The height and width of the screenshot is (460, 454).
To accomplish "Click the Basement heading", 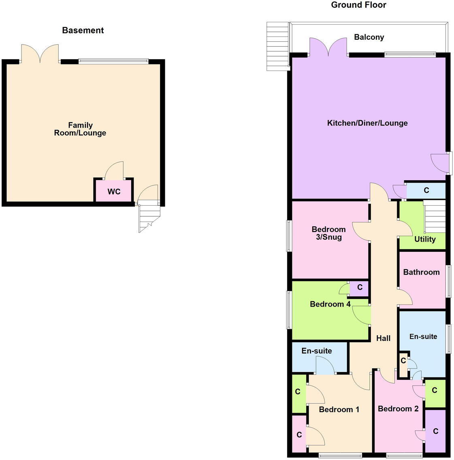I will coord(83,30).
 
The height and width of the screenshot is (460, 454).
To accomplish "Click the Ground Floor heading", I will coord(358,5).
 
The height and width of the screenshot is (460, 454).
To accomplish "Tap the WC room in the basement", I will coord(114,191).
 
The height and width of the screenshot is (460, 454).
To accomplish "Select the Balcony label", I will coord(369,37).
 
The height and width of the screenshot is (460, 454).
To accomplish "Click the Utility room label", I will coord(425,239).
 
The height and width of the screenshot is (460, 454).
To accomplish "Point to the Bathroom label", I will coord(421,272).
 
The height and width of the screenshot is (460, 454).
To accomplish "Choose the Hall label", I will coord(383,338).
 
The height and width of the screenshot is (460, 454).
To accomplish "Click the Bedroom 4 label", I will coord(330,304).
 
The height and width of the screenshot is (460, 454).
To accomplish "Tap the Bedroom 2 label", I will coord(398,409).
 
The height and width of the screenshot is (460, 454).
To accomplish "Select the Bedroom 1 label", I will coord(339,409).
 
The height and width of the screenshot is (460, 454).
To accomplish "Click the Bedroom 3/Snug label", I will coord(328,233).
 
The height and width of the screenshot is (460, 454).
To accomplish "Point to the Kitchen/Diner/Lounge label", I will coord(367,123).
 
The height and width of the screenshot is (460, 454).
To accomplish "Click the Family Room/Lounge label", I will coord(80,129).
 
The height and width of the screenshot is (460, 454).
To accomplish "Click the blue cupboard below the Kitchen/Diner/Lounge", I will coord(426,190).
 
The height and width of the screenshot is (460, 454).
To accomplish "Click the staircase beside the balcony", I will coord(277,46).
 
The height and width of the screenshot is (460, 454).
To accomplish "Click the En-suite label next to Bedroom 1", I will coord(316,351).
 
